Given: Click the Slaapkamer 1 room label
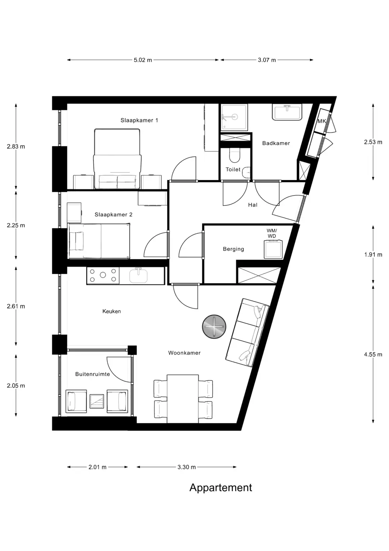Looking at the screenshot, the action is coord(139,120).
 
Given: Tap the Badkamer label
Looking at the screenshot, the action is coord(276,143).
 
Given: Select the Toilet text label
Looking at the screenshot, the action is coord(233,170).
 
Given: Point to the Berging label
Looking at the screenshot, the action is coord(233,249).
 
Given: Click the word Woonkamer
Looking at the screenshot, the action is coord(184,353).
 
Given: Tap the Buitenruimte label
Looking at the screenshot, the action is coord(93,374).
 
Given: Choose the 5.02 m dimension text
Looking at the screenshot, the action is coord(143,60).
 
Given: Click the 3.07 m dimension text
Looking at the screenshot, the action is coord(267,60).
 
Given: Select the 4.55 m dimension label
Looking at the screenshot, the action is coord(373,355).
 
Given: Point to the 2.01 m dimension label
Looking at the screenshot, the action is coord(98,467).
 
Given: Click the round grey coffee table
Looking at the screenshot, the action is coord(214,327).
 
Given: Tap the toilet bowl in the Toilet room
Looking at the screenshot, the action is coord(234,155).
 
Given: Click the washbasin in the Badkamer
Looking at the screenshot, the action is coord(287,112).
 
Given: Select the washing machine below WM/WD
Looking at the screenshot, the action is coord(273,249).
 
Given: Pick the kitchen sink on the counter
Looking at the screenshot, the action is coord(138,275).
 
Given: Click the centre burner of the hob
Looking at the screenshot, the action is coord(103,275).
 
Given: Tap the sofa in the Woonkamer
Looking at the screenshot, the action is coord(247,332).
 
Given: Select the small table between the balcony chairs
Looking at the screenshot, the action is coord(97,401).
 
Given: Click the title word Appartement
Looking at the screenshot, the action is coord(221,487).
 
